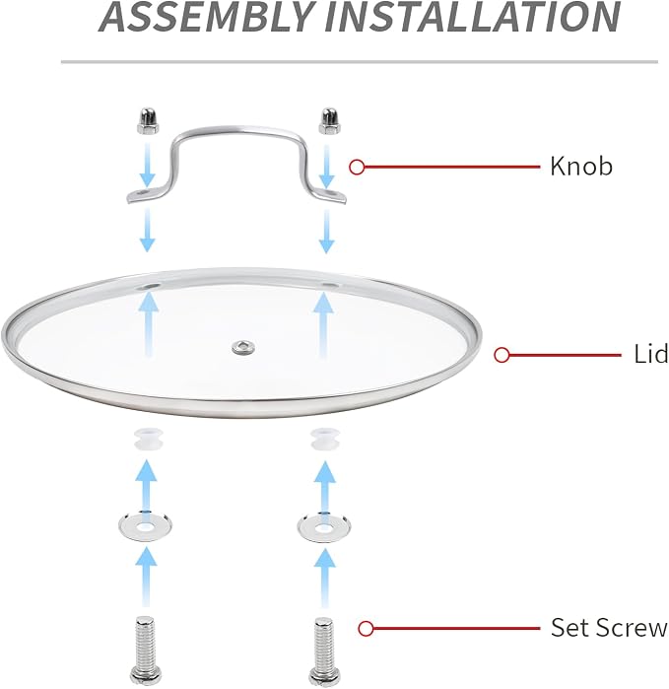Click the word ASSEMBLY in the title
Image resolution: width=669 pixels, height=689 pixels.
pyautogui.click(x=206, y=17)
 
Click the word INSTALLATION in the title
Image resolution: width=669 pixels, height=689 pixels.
pyautogui.click(x=473, y=17)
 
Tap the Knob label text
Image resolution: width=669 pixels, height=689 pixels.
pyautogui.click(x=581, y=167)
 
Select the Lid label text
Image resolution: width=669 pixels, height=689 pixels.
pyautogui.click(x=650, y=354)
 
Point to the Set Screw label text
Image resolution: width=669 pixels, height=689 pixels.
pyautogui.click(x=609, y=628)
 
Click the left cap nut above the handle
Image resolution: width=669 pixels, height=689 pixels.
pyautogui.click(x=148, y=121)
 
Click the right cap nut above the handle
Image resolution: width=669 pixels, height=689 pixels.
pyautogui.click(x=329, y=121)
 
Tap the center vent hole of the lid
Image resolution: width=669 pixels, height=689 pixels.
pyautogui.click(x=243, y=348)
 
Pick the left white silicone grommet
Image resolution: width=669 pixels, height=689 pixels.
pyautogui.click(x=149, y=440)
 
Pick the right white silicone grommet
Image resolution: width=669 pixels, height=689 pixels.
pyautogui.click(x=325, y=440)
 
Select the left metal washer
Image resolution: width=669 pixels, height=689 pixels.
pyautogui.click(x=145, y=525)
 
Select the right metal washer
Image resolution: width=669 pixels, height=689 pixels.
pyautogui.click(x=324, y=526)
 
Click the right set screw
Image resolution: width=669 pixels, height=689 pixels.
pyautogui.click(x=324, y=651)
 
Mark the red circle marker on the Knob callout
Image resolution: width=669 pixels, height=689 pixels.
pyautogui.click(x=357, y=167)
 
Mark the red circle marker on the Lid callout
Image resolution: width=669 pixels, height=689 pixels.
pyautogui.click(x=502, y=355)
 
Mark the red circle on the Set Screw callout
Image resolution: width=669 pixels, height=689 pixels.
pyautogui.click(x=366, y=628)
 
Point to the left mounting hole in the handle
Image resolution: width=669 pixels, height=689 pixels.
pyautogui.click(x=143, y=193)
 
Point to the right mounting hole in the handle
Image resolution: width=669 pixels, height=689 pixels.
pyautogui.click(x=331, y=193)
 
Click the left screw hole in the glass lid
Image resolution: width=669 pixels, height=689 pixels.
pyautogui.click(x=149, y=287)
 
